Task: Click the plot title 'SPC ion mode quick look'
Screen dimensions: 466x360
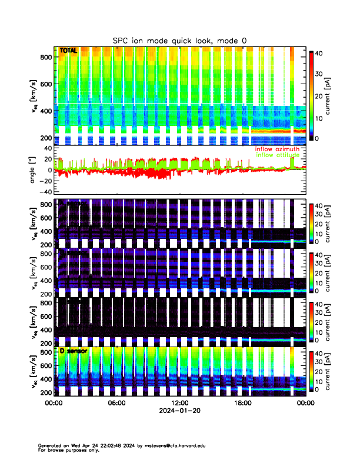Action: [180, 40]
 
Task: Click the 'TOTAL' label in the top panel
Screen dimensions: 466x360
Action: [68, 51]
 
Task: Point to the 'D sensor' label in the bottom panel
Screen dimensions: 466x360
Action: [73, 351]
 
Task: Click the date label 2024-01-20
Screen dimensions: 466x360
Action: [179, 411]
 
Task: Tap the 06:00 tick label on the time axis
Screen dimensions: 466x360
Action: [116, 404]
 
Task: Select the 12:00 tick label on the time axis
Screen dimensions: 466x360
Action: [179, 404]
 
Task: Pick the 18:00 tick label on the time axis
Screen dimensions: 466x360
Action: [242, 404]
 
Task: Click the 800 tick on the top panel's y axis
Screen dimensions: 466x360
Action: [46, 57]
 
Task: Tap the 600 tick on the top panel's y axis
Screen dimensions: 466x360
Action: [46, 84]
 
